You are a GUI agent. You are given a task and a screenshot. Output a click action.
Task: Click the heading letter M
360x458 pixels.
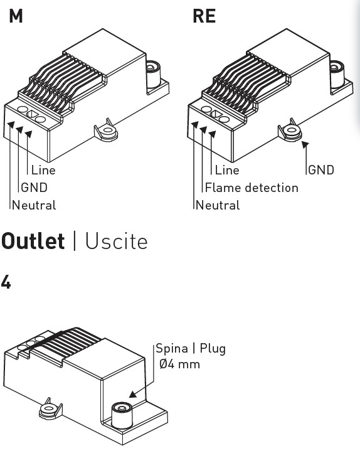click(x=16, y=16)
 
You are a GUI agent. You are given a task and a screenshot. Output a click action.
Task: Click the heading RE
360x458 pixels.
click(x=204, y=16)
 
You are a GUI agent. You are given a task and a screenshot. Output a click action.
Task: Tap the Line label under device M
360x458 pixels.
click(x=43, y=170)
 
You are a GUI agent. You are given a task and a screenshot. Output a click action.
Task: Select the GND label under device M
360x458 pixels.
click(x=34, y=188)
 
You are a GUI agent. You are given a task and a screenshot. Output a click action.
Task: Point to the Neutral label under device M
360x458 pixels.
click(x=34, y=205)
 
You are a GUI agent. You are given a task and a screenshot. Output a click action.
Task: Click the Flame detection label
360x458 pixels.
click(x=251, y=188)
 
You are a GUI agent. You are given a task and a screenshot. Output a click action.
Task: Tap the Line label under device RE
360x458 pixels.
click(x=227, y=170)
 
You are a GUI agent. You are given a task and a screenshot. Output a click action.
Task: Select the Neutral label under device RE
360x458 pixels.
click(x=218, y=205)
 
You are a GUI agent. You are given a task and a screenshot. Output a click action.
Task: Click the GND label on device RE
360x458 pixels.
click(x=321, y=170)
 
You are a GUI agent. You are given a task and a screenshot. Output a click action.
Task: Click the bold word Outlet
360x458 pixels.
click(x=33, y=242)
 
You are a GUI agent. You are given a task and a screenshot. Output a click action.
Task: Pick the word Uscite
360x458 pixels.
click(x=116, y=242)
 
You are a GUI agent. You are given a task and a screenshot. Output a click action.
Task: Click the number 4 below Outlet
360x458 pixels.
click(x=6, y=282)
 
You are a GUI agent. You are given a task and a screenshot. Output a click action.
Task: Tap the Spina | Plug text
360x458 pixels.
click(x=191, y=349)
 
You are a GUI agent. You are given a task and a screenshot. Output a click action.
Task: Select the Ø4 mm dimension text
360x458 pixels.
click(x=179, y=365)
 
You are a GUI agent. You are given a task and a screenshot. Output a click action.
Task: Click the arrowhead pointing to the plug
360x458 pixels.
click(x=133, y=395)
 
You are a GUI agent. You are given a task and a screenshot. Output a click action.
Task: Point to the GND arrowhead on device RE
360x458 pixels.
click(x=305, y=144)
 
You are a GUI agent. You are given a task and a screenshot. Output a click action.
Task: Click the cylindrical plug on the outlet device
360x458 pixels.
click(x=122, y=415)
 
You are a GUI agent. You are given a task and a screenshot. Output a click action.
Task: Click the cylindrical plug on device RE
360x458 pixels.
click(x=337, y=75)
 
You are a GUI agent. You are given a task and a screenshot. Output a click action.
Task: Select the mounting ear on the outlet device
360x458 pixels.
click(x=50, y=408)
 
